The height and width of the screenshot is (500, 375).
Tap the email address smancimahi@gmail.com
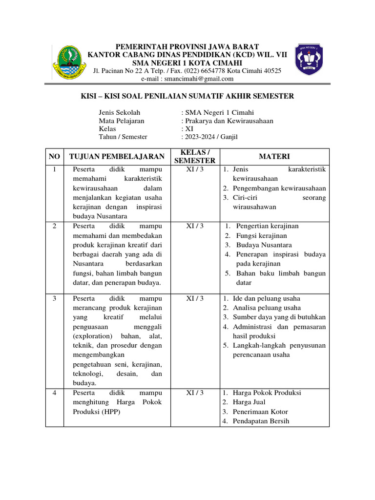187,79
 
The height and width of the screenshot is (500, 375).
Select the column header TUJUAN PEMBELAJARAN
117,156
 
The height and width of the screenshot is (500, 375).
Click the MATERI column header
274,156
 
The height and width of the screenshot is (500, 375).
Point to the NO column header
55,156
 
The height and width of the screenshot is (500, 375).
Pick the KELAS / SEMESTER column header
195,156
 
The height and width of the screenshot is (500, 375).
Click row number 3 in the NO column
55,298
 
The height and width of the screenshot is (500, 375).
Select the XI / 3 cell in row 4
195,393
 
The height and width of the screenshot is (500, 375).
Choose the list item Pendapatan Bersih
261,421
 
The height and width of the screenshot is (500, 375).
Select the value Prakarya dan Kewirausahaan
229,121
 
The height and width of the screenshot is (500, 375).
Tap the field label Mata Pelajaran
122,121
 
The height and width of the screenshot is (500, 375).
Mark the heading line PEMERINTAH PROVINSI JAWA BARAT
187,46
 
